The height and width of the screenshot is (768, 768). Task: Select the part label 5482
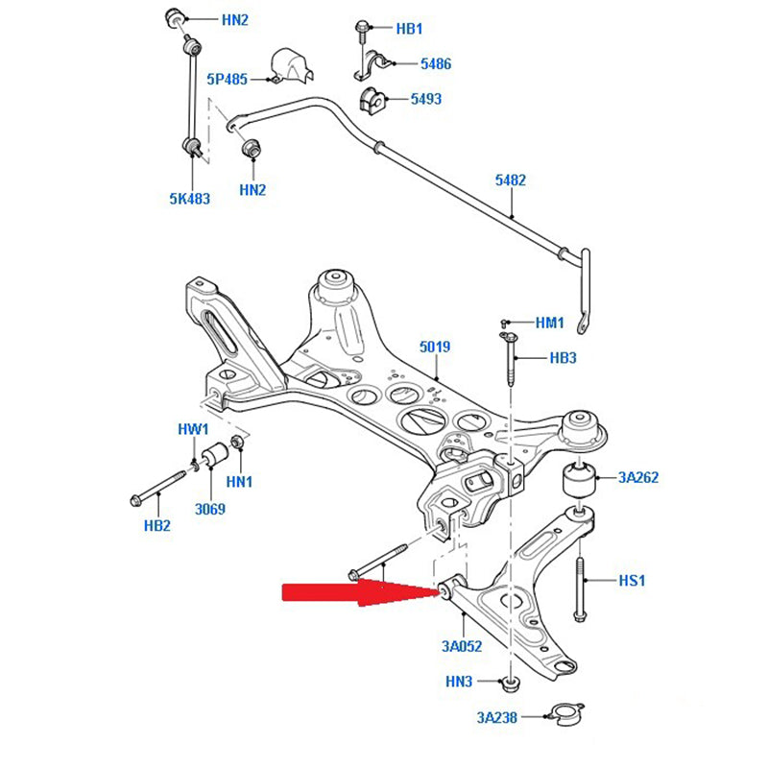point(511,180)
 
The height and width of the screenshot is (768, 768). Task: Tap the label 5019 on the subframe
point(435,346)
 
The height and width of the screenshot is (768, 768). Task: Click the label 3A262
point(637,477)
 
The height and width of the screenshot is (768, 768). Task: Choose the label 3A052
point(462,646)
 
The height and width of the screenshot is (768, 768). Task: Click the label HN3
point(459,682)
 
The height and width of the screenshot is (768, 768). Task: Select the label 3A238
point(496,715)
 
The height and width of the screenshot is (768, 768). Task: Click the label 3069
point(208,509)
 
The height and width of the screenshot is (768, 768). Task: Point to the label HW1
point(192,428)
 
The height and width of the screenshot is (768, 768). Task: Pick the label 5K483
point(189,199)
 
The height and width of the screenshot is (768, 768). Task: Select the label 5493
point(426,99)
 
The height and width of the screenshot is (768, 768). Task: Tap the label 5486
point(435,63)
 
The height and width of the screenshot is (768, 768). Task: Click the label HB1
point(408,29)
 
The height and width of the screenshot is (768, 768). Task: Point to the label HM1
point(550,324)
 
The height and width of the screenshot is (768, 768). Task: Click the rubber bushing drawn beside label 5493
point(372,99)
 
